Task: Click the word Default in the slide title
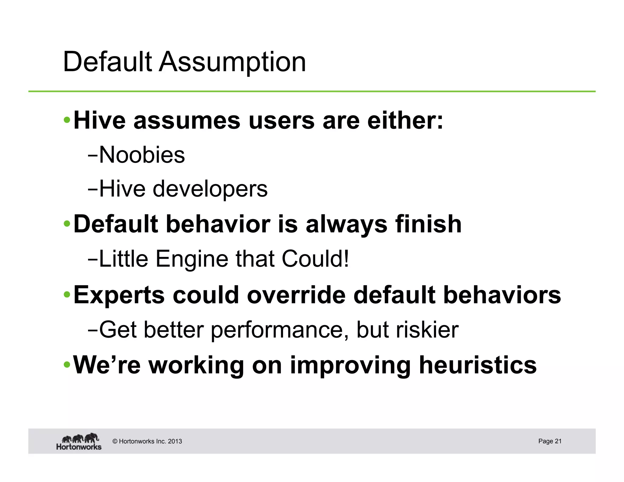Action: click(x=107, y=62)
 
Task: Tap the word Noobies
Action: click(x=142, y=155)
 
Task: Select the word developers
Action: click(x=210, y=189)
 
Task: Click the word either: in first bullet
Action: click(x=405, y=121)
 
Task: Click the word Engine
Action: click(x=192, y=259)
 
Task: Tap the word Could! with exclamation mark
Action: click(x=315, y=259)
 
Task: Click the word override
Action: click(x=296, y=295)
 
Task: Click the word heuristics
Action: click(x=477, y=365)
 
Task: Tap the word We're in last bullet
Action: click(x=107, y=365)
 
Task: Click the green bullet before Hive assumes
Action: click(x=67, y=121)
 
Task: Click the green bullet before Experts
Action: click(x=67, y=295)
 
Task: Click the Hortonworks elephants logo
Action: click(x=79, y=441)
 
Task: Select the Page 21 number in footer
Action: click(x=550, y=441)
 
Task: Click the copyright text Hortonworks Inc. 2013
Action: click(x=147, y=441)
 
